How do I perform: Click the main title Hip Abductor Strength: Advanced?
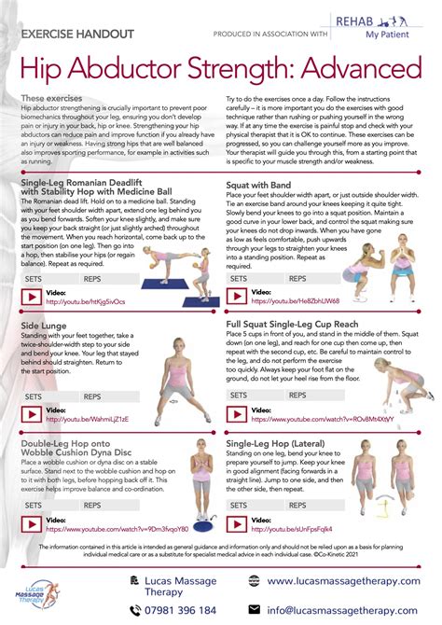coord(220,70)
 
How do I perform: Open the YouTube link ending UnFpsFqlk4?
coord(308,528)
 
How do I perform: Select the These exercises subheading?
coord(45,98)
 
